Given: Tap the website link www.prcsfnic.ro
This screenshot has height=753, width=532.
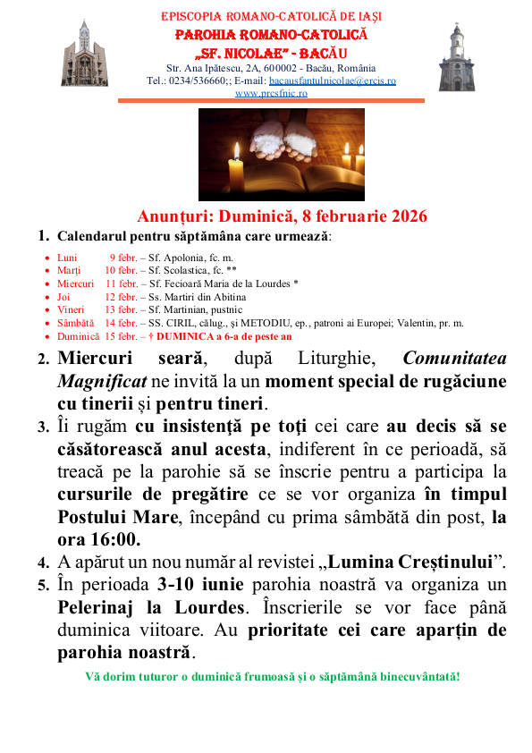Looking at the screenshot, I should click(271, 92).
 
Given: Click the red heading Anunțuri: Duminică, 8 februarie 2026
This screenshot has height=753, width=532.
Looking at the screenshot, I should click(282, 216).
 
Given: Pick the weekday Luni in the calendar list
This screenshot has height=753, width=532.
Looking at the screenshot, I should click(67, 257).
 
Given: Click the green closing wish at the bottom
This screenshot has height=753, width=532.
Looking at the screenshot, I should click(272, 675).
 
